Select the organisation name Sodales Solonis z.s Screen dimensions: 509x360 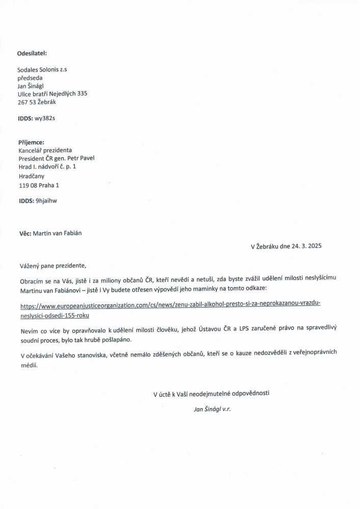[42, 70]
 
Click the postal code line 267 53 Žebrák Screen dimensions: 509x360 [37, 102]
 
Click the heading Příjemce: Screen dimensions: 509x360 [31, 143]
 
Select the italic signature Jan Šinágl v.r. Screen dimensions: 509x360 [212, 408]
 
